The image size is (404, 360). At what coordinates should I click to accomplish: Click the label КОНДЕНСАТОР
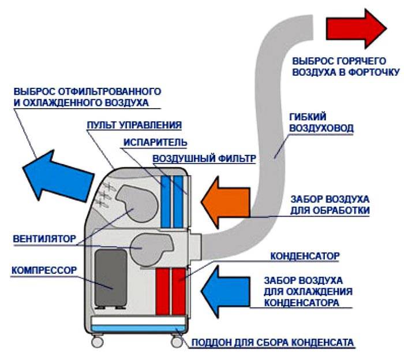coord(304,254)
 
